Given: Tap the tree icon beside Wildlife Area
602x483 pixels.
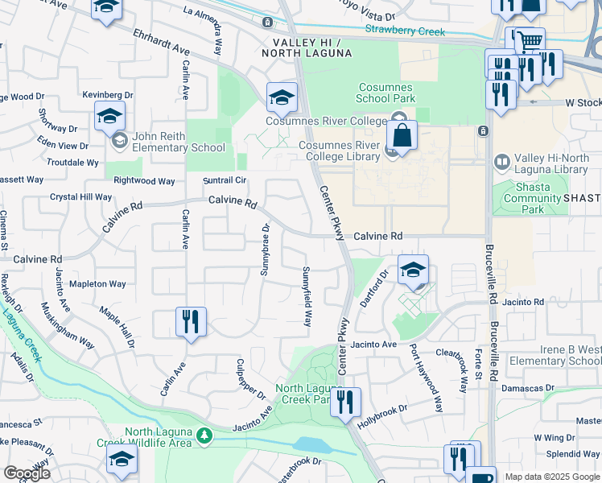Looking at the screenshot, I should click(204, 436).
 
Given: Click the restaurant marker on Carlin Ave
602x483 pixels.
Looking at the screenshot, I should click(191, 322).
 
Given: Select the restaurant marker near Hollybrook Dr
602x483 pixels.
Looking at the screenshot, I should click(345, 402).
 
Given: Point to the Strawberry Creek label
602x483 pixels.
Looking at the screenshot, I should click(406, 31).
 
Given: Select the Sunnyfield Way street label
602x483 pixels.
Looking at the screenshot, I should click(307, 296).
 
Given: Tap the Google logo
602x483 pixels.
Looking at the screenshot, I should click(27, 473).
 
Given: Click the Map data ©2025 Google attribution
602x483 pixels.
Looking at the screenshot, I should click(551, 477).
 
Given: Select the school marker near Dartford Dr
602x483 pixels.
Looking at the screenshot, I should click(413, 270).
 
